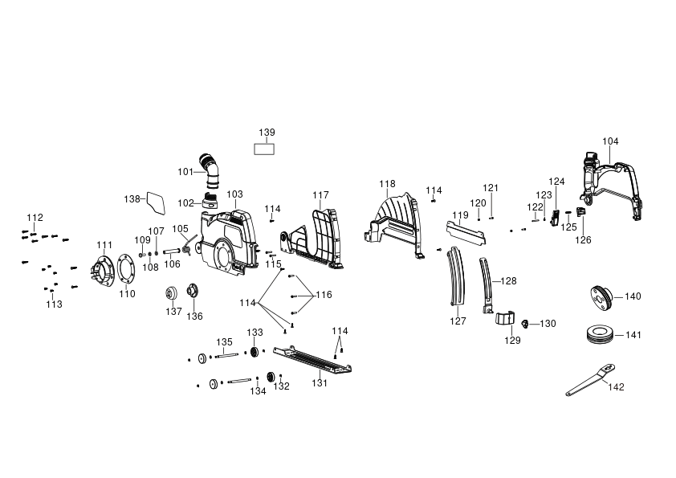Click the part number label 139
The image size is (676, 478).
coord(267,133)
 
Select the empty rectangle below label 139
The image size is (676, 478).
coord(264,149)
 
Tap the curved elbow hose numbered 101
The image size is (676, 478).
coord(210,170)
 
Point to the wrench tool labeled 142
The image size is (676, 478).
coord(590,380)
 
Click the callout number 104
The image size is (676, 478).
coord(610,141)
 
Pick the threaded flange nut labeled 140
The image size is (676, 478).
coord(600,296)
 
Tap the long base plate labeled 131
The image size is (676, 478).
coord(312,360)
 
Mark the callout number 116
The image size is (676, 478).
coord(324,295)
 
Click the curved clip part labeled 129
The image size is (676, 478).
coord(504,318)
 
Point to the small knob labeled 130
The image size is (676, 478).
coord(525,324)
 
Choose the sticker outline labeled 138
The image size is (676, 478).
coord(156,203)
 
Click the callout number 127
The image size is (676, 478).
coord(458,321)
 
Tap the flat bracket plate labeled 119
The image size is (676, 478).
coord(466,232)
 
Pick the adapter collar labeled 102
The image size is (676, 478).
coord(210,202)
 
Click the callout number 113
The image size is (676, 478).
coord(54,304)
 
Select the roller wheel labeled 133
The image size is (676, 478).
coord(254,352)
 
